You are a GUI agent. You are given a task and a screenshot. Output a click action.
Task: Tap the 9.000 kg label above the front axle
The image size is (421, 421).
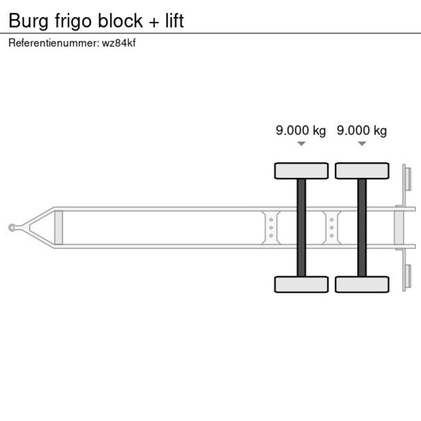[x=301, y=130]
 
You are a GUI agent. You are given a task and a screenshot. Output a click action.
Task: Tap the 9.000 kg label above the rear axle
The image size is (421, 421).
[x=362, y=130]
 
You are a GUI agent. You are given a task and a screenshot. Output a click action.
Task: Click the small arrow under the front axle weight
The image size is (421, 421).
[x=301, y=144]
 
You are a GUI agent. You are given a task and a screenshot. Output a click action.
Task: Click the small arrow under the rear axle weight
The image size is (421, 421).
[x=362, y=144]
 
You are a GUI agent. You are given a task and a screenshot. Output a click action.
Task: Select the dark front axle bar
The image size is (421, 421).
[x=301, y=227]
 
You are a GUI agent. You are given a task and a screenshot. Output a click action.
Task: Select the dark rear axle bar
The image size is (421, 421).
[x=362, y=227]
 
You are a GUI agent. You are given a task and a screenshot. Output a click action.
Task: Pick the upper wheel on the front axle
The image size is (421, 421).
[x=301, y=170]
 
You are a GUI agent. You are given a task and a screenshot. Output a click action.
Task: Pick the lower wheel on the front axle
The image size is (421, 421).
[x=301, y=284]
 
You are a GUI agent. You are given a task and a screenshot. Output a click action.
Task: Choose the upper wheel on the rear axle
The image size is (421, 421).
[x=362, y=170]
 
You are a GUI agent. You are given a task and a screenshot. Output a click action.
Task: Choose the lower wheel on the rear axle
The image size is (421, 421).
[x=362, y=284]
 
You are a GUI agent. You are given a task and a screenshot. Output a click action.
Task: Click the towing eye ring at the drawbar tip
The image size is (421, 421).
[x=12, y=227]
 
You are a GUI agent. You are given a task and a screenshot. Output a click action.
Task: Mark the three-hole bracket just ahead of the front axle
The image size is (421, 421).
[x=271, y=227]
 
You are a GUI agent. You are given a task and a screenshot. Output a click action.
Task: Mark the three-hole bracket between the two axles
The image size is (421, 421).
[x=331, y=227]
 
